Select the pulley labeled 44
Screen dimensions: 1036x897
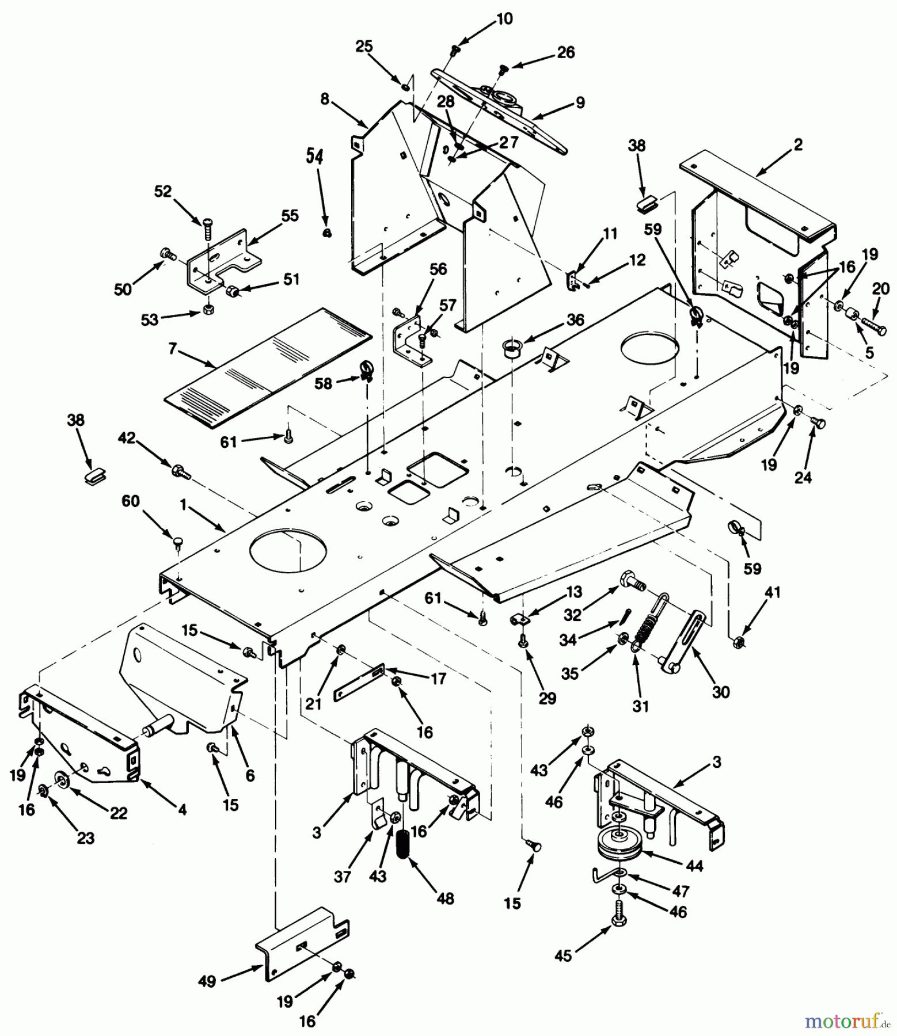621,845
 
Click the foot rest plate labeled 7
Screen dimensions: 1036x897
268,368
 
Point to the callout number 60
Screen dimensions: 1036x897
131,501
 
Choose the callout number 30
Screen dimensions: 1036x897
720,691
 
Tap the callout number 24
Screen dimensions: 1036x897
803,476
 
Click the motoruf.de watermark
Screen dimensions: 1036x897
847,1022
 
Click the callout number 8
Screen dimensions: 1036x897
325,99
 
